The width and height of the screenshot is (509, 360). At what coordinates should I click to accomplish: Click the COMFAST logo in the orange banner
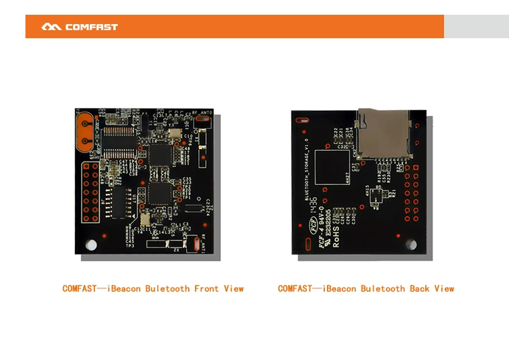tap(79, 27)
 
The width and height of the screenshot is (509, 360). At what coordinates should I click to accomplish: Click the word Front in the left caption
tap(206, 289)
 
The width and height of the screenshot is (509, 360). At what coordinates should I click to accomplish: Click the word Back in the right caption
tap(419, 289)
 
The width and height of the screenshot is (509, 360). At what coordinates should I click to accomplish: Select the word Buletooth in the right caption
tap(382, 289)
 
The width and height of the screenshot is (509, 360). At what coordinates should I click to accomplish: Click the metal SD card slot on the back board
tap(383, 133)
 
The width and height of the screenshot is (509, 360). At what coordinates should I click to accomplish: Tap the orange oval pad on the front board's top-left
tap(87, 133)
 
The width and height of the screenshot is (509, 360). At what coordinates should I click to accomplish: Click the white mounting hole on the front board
tap(90, 245)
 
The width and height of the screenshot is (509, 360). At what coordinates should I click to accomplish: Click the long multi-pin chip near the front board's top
tap(119, 142)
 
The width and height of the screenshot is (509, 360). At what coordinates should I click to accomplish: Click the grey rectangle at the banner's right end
tap(476, 27)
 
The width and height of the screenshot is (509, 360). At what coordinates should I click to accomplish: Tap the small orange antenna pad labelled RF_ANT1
tap(195, 244)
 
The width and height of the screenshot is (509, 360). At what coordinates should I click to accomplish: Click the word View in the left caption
tap(234, 289)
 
